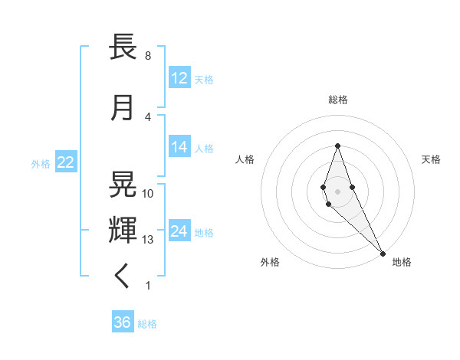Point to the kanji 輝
(x=123, y=230)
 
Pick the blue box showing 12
(x=179, y=78)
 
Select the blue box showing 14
(x=179, y=147)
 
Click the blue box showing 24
(x=179, y=231)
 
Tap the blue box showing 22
(x=65, y=163)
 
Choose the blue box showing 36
(x=123, y=322)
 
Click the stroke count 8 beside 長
(x=147, y=56)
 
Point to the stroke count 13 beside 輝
(x=148, y=240)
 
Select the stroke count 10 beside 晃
(x=148, y=194)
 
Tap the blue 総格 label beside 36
(x=147, y=324)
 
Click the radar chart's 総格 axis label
(x=337, y=100)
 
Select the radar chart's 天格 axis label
(x=431, y=159)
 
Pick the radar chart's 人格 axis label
(x=245, y=159)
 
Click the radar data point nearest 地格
(x=383, y=252)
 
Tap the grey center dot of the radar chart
(x=337, y=191)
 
